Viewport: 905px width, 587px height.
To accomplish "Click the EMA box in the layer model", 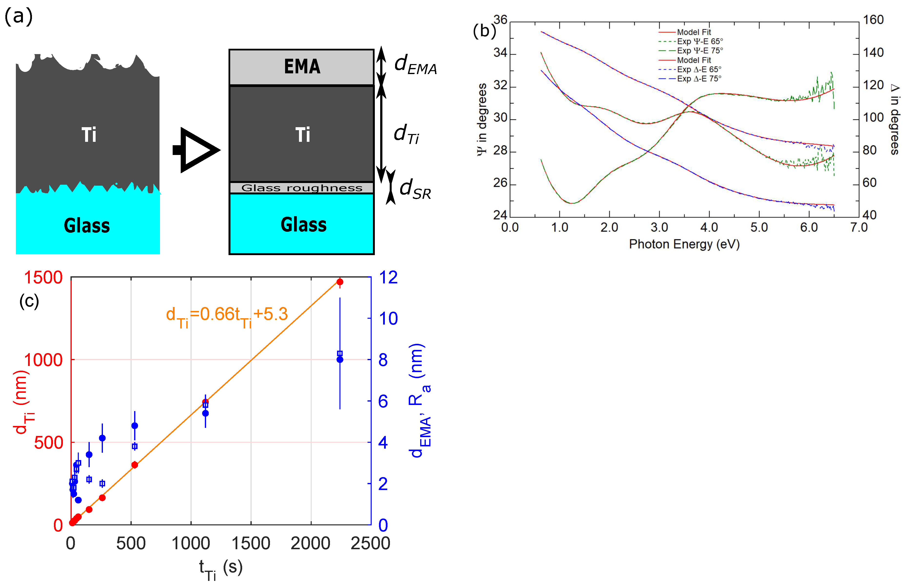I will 301,67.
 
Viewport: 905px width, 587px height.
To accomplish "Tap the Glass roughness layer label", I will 301,188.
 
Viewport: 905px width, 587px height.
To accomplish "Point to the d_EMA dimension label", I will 415,65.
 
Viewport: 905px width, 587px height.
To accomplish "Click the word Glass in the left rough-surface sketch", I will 87,226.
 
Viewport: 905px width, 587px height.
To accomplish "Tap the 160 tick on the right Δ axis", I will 873,20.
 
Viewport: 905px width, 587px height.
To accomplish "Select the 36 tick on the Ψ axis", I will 500,20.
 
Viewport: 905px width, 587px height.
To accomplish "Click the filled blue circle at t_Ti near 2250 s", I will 340,359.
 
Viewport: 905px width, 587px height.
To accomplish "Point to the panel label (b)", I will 484,30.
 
